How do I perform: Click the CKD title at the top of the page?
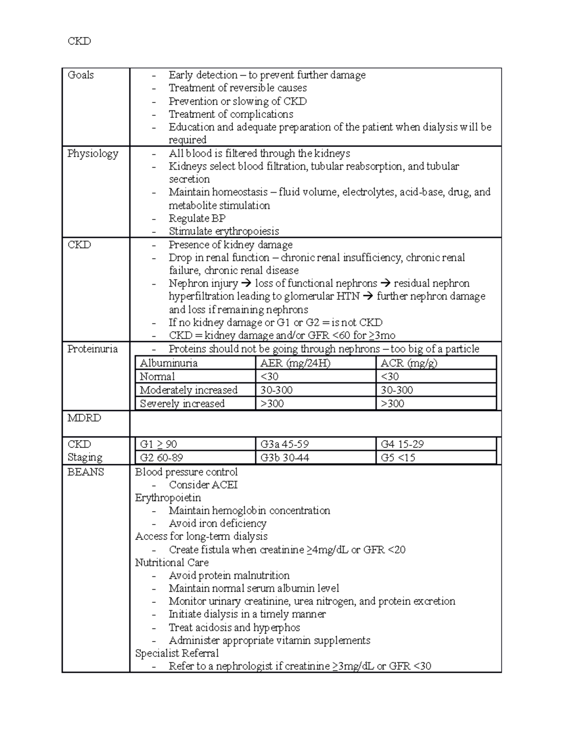point(79,41)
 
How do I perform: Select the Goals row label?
point(80,75)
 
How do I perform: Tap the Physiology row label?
point(92,154)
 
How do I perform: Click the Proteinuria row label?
point(92,349)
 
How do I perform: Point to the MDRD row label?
point(84,418)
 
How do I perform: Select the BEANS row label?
point(86,472)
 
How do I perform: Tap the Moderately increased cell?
point(188,390)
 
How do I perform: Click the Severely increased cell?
point(182,403)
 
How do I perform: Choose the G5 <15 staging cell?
point(398,458)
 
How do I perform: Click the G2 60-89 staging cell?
point(161,458)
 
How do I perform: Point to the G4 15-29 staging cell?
point(402,444)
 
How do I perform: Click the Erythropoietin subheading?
point(168,498)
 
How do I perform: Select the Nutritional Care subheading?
point(172,562)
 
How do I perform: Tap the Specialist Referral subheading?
point(176,653)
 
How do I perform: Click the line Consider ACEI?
point(203,485)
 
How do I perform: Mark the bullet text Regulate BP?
point(197,218)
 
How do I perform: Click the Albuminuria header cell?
point(169,363)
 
